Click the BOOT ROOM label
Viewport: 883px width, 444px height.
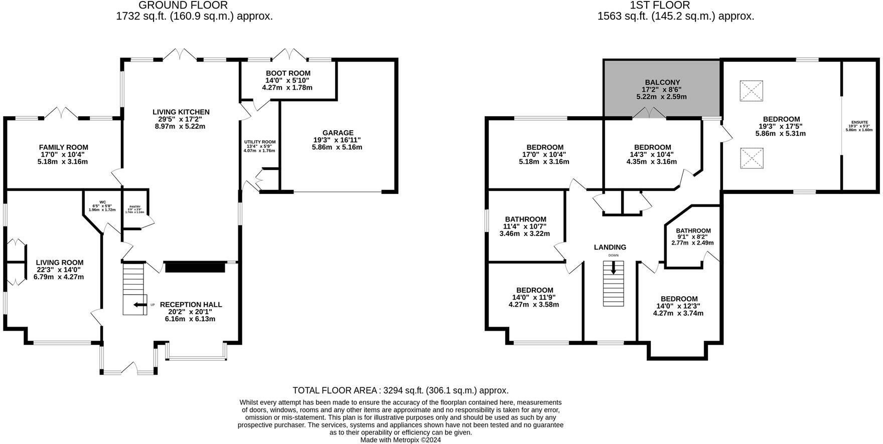pos(287,73)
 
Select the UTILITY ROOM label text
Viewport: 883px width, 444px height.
pos(259,142)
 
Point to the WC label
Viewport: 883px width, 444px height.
pos(102,202)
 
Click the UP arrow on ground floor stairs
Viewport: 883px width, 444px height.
pos(138,304)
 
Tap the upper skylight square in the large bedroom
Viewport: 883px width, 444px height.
pos(751,91)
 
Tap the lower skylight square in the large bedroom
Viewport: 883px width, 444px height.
pos(751,158)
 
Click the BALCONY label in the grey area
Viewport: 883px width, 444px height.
pos(662,82)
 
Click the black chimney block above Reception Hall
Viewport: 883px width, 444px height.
pos(195,267)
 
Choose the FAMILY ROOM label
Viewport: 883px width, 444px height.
pos(63,147)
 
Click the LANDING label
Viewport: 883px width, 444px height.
pos(610,247)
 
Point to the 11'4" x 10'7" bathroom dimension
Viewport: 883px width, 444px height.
pos(525,227)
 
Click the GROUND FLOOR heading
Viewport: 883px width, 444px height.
pos(183,5)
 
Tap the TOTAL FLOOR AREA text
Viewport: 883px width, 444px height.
pos(400,390)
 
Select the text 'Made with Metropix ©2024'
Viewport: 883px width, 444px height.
pos(400,440)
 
